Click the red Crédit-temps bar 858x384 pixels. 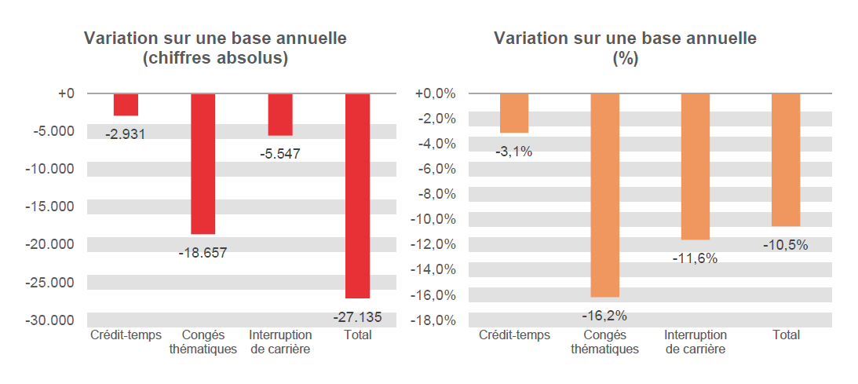tap(126, 104)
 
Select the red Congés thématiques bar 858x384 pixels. tap(203, 163)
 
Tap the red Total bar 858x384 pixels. tap(357, 196)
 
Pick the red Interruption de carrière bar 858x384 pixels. tap(280, 115)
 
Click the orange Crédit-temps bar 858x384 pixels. tap(514, 113)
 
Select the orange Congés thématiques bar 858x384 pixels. tap(604, 195)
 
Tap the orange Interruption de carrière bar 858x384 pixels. tap(696, 166)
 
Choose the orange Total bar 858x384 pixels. tap(786, 159)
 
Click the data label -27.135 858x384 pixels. tap(358, 318)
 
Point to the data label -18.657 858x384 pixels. tap(203, 253)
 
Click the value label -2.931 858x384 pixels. tap(126, 134)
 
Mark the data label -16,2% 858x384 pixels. tap(604, 316)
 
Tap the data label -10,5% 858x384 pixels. tap(785, 245)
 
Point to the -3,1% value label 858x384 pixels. tap(514, 152)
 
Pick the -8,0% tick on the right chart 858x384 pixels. tap(434, 194)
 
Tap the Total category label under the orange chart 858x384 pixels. tap(786, 335)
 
